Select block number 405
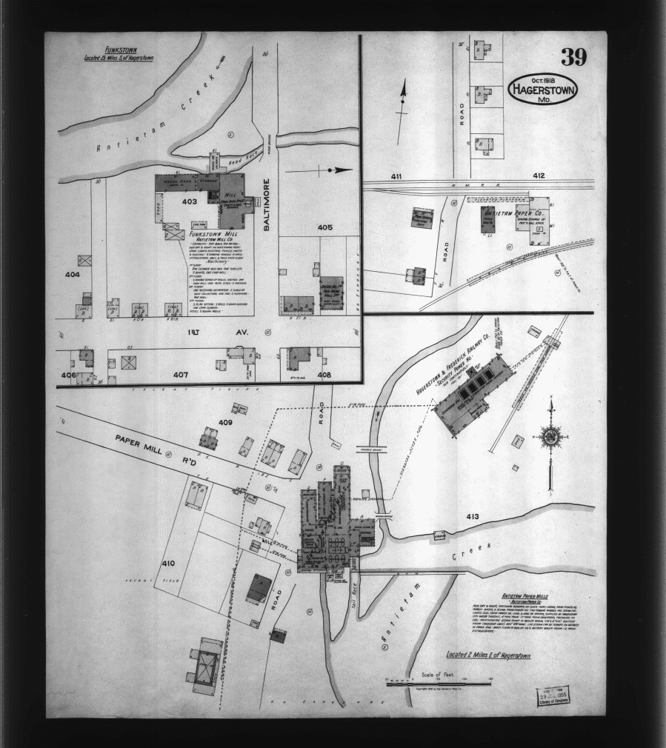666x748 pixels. (324, 227)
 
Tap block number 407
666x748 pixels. (180, 375)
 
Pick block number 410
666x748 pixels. (168, 563)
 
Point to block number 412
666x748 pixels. (538, 176)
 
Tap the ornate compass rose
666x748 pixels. (551, 436)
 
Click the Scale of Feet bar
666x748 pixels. (437, 681)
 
